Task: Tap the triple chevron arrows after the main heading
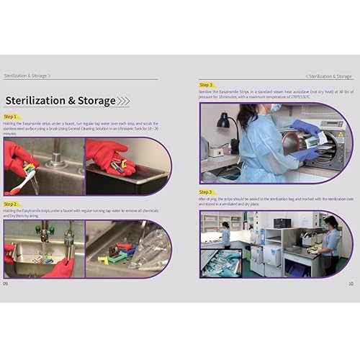[123, 101]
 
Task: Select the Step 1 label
[11, 116]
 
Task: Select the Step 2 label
[11, 204]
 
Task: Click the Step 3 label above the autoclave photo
[206, 85]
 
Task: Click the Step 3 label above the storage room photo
[206, 192]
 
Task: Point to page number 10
[351, 283]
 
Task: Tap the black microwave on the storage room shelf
[282, 222]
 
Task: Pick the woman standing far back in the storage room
[226, 235]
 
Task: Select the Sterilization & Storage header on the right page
[328, 76]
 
